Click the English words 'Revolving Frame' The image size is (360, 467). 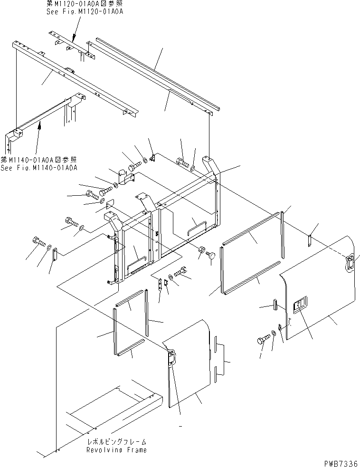[116, 450]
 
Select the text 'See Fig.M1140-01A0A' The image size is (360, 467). [39, 168]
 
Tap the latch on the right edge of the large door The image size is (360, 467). [350, 262]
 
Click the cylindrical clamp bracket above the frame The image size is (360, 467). [125, 176]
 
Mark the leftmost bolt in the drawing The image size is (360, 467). [38, 242]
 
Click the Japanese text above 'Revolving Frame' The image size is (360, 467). [116, 441]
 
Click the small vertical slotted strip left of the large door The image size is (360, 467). [275, 305]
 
